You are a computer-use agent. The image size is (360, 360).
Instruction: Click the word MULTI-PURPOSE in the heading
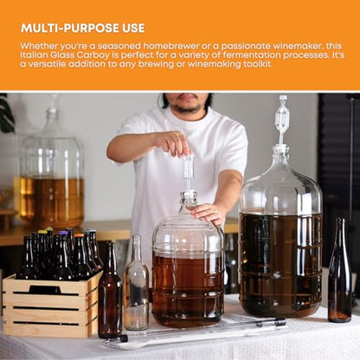(72, 28)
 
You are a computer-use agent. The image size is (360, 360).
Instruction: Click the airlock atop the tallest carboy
(281, 117)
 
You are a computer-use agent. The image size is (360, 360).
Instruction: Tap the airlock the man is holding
(188, 167)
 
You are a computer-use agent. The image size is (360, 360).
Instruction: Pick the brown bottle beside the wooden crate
(109, 297)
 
